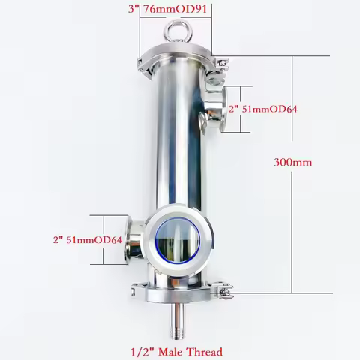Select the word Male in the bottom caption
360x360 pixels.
coord(169,349)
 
